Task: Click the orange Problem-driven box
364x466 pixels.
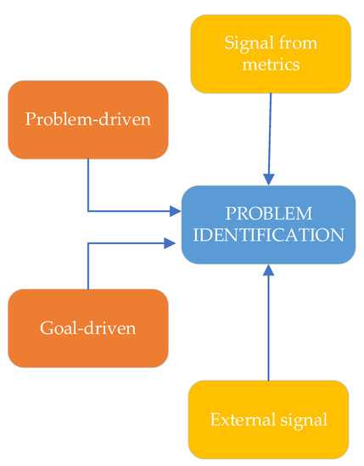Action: pyautogui.click(x=88, y=119)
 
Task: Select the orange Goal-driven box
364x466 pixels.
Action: pyautogui.click(x=88, y=328)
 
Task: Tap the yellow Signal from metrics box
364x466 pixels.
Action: pyautogui.click(x=271, y=53)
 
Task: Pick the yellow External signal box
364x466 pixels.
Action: pyautogui.click(x=268, y=419)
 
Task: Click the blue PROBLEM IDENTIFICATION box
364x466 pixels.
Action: pyautogui.click(x=268, y=225)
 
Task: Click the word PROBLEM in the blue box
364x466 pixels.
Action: pyautogui.click(x=269, y=214)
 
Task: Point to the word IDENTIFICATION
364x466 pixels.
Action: pyautogui.click(x=269, y=235)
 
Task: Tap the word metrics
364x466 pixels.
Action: pyautogui.click(x=271, y=64)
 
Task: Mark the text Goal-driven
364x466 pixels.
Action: pyautogui.click(x=88, y=329)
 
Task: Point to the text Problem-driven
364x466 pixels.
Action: pyautogui.click(x=88, y=119)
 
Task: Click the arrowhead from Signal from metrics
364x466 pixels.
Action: pyautogui.click(x=269, y=180)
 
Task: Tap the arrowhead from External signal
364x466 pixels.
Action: pyautogui.click(x=269, y=270)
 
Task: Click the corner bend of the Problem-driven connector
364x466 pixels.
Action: pyautogui.click(x=88, y=210)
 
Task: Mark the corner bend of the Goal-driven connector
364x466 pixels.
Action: pyautogui.click(x=88, y=243)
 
